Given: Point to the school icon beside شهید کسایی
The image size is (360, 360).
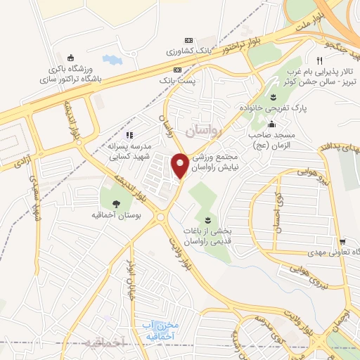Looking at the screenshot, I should pos(129,135).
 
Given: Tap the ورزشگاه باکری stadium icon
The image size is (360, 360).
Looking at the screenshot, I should pos(70,58).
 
